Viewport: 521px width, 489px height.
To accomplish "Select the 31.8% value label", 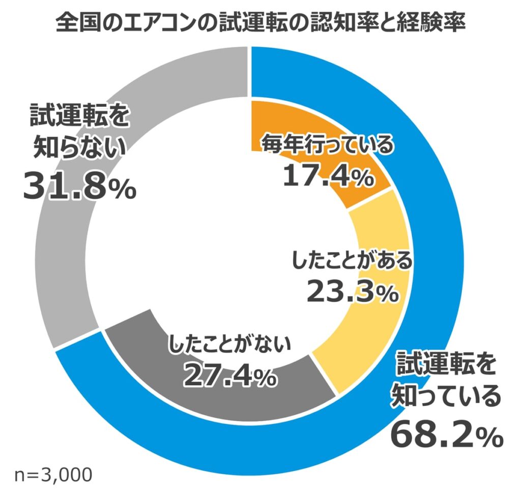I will tap(79, 187).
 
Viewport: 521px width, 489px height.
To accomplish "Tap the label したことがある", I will tap(352, 261).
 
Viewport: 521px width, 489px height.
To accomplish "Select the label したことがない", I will tap(228, 346).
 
